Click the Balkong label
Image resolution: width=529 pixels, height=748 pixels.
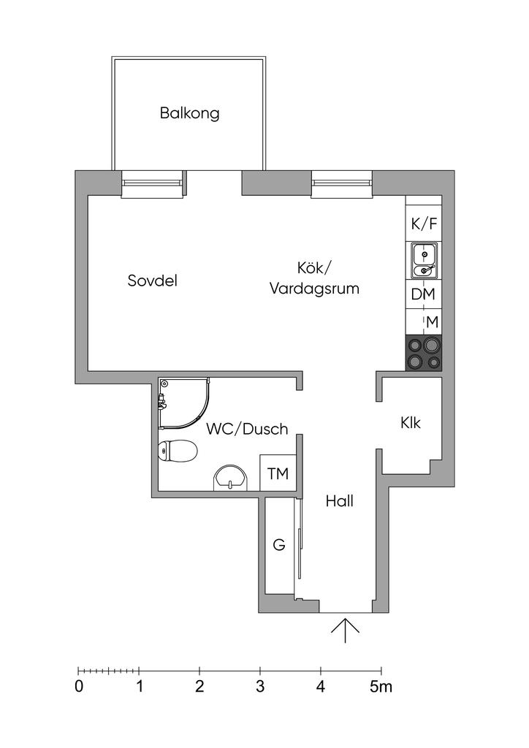point(190,114)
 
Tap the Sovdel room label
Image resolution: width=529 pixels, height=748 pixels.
point(153,280)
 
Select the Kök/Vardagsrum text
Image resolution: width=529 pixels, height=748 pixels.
point(315,278)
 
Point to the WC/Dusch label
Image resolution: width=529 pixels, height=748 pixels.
point(247,429)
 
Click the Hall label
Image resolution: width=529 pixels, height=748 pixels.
point(340,502)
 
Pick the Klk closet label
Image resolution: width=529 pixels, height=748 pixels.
point(411,422)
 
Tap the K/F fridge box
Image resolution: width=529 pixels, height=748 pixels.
point(424,224)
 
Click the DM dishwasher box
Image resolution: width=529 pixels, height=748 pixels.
point(424,294)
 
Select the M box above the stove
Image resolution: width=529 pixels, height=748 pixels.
point(432,321)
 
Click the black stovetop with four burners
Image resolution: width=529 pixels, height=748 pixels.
point(424,352)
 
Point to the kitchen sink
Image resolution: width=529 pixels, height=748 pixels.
point(424,262)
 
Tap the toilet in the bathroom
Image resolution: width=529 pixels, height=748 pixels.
point(177,451)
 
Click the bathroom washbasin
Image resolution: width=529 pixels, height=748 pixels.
point(232,478)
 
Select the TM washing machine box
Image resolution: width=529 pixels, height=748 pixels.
point(278,473)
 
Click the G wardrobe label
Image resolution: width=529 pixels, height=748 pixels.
point(278,544)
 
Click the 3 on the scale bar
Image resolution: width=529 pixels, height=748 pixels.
point(260,687)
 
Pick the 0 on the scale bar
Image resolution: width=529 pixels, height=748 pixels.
point(78,687)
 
